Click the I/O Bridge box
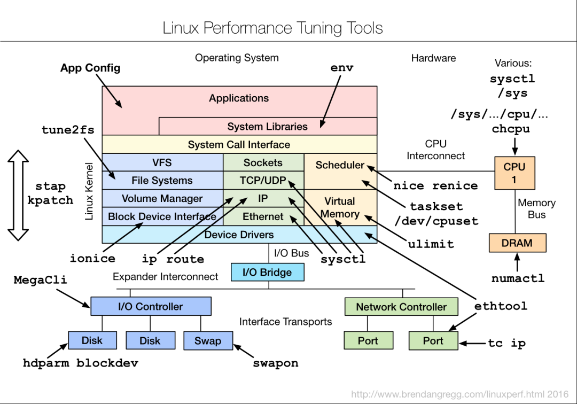[x=267, y=272]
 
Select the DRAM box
[x=517, y=243]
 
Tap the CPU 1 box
[x=514, y=173]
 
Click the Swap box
[x=208, y=340]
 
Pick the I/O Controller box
[x=151, y=306]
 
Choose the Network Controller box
[x=401, y=307]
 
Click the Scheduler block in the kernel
[x=340, y=165]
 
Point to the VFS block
[x=162, y=162]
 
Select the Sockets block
[x=263, y=162]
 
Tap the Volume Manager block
[x=162, y=198]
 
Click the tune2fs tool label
[x=68, y=130]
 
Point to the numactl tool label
[x=518, y=278]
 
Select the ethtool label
[x=501, y=306]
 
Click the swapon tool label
[x=275, y=363]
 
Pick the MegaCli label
[x=41, y=279]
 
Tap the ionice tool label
[x=92, y=259]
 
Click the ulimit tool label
[x=431, y=244]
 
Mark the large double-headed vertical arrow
[x=19, y=196]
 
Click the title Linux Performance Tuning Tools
[x=272, y=28]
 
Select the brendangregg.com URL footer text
[x=459, y=394]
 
